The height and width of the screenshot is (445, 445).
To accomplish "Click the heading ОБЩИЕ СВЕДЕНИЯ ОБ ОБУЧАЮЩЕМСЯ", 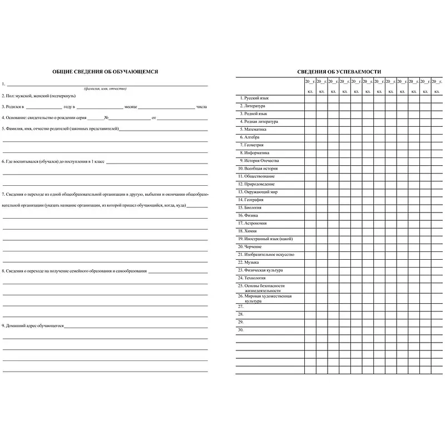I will (x=105, y=72).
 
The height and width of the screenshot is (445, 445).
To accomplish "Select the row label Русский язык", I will (x=256, y=98).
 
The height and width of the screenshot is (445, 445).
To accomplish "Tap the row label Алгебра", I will (x=251, y=137).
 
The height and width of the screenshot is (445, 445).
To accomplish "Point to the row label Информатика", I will (x=256, y=152).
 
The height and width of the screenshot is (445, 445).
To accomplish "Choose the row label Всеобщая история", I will (x=260, y=168).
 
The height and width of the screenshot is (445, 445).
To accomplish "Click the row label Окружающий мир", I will (x=260, y=192).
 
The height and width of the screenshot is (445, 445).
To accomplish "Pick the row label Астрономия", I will (x=255, y=223).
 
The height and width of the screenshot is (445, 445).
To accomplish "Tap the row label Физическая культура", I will (x=263, y=270).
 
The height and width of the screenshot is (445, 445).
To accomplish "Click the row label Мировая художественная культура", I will (x=268, y=299).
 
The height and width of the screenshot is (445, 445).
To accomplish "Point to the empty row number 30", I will (x=241, y=330).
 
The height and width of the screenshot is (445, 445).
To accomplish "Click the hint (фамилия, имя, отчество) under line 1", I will (x=105, y=89).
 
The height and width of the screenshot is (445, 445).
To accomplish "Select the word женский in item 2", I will (x=41, y=96).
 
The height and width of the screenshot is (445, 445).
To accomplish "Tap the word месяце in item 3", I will (x=131, y=106).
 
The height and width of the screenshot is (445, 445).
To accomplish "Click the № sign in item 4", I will (x=106, y=117).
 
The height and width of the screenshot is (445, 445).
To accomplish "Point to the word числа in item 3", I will (x=201, y=106).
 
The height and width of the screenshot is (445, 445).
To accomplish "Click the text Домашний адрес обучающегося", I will (x=34, y=325).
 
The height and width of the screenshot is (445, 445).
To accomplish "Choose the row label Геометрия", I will (x=254, y=145).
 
